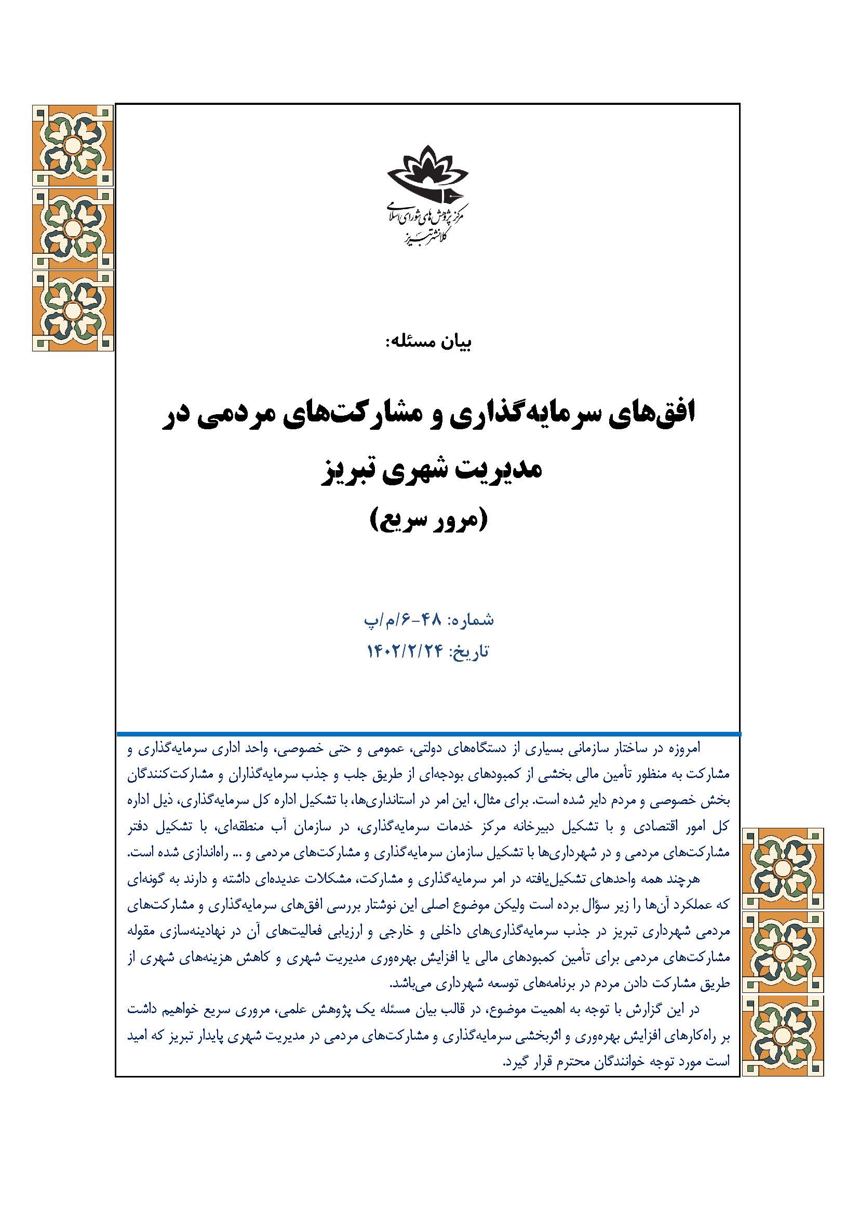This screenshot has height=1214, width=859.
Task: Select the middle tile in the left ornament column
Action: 73,228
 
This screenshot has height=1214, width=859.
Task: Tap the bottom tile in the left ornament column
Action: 73,310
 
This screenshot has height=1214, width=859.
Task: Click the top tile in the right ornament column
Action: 783,869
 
